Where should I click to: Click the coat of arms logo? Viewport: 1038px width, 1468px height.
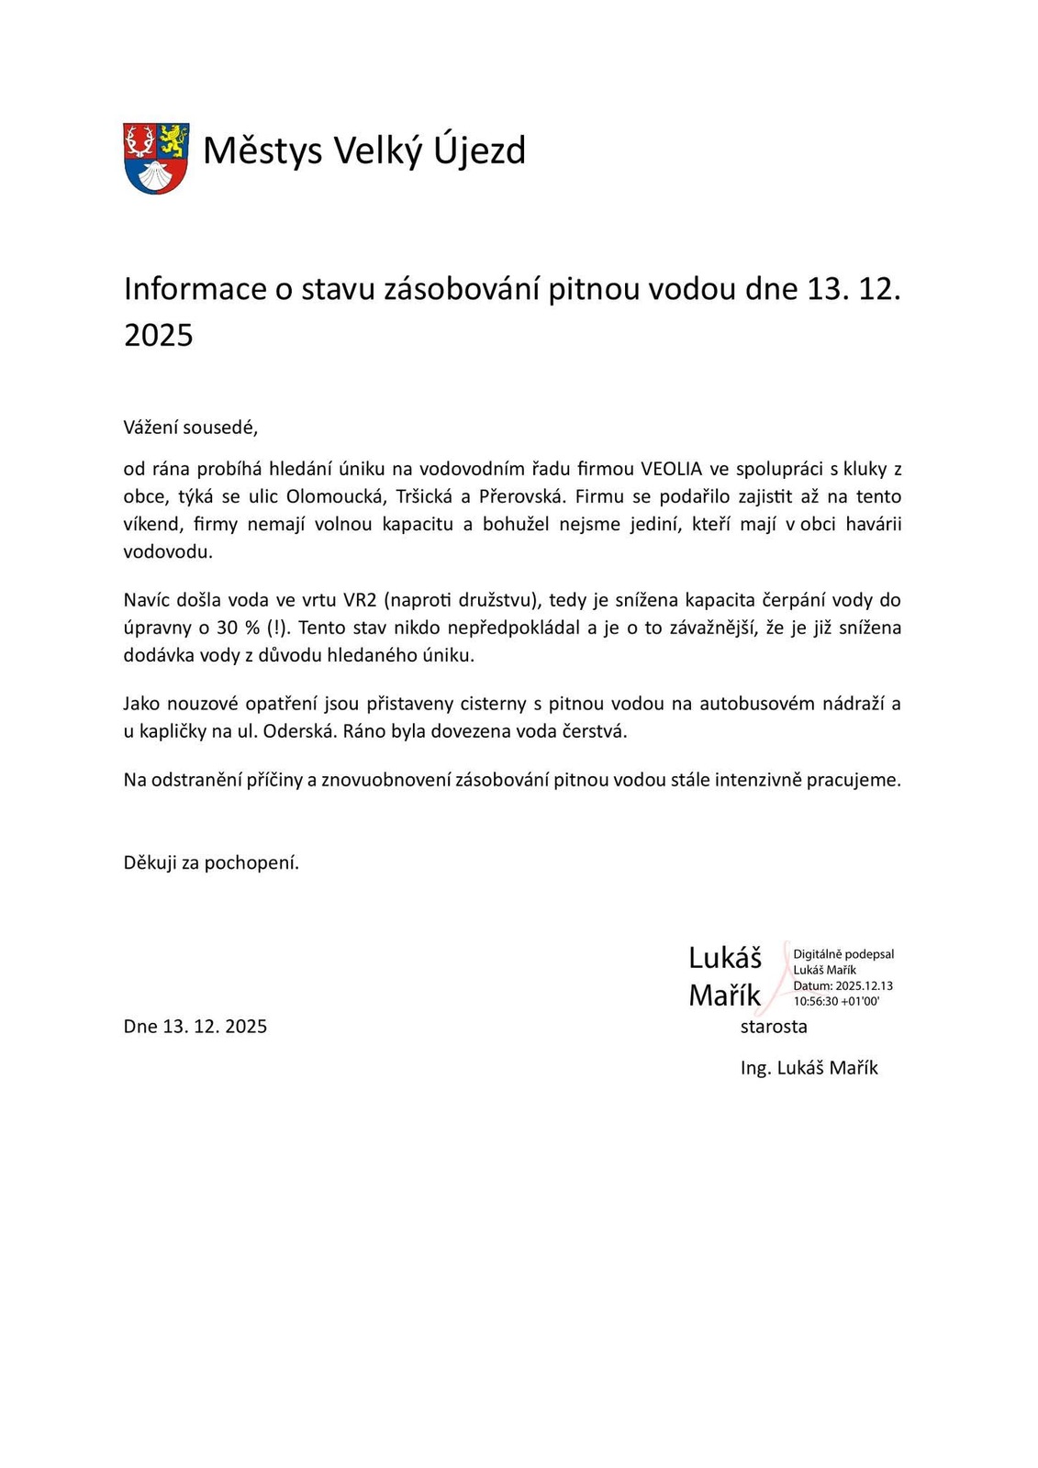coord(156,158)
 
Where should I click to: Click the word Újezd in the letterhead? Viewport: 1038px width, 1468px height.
coord(478,150)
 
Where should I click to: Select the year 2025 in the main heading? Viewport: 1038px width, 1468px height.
coord(159,335)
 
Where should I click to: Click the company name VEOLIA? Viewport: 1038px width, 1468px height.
coord(671,470)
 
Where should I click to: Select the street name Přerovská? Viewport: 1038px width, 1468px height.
coord(519,497)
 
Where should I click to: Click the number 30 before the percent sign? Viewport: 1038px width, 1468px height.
coord(227,628)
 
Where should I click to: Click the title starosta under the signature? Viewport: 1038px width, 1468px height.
coord(774,1027)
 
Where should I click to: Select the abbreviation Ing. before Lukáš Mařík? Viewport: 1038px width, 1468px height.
coord(755,1068)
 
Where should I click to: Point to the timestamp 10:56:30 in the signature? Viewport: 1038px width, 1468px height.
coord(815,1001)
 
